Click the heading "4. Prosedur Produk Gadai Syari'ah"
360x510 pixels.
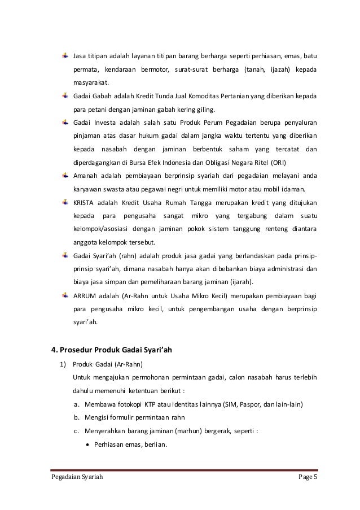pyautogui.click(x=112, y=350)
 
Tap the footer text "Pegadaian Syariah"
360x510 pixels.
pyautogui.click(x=76, y=481)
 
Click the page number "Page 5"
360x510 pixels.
pyautogui.click(x=307, y=481)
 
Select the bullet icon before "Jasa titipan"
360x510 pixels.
pyautogui.click(x=65, y=56)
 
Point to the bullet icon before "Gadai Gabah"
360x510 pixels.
pyautogui.click(x=65, y=95)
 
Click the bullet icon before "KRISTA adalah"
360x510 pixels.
pyautogui.click(x=65, y=202)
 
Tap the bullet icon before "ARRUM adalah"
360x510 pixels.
pyautogui.click(x=65, y=295)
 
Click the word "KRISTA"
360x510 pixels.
pyautogui.click(x=84, y=203)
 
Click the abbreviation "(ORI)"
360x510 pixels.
pyautogui.click(x=276, y=163)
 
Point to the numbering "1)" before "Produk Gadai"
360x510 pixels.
pyautogui.click(x=64, y=364)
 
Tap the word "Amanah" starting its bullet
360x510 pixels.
pyautogui.click(x=86, y=176)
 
